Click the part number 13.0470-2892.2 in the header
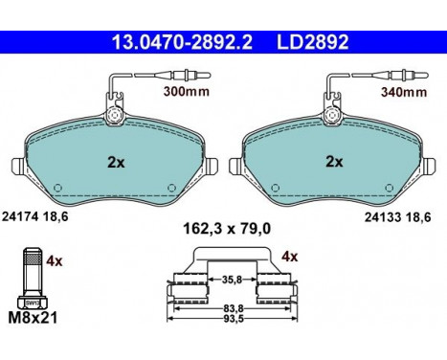[x=182, y=42]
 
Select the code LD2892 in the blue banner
[x=312, y=42]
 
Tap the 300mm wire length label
[x=187, y=92]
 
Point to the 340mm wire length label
[x=404, y=92]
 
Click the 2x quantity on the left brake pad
[x=116, y=163]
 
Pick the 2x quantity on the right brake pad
[x=334, y=162]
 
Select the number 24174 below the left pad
[x=20, y=217]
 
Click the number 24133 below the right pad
[x=383, y=217]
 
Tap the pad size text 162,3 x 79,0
[x=227, y=229]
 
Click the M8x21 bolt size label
[x=33, y=318]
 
